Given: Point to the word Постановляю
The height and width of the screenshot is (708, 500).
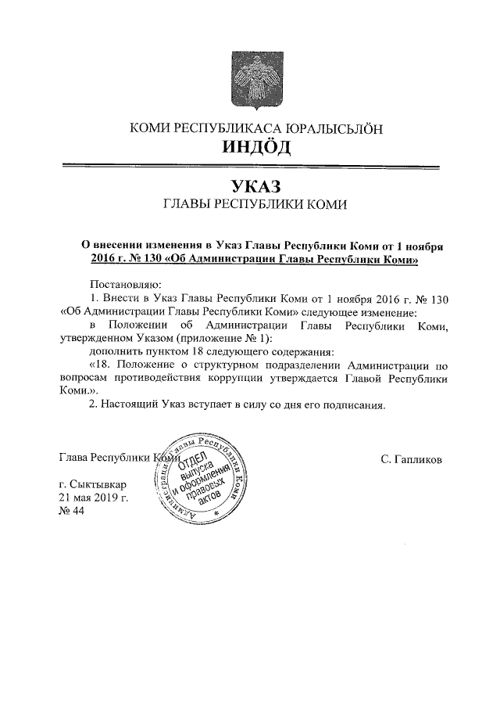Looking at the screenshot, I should click(x=126, y=282).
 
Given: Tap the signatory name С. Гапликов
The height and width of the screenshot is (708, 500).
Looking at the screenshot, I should click(x=412, y=459).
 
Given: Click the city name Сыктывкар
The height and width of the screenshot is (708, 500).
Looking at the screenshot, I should click(x=102, y=485).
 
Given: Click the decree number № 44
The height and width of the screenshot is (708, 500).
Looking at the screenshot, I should click(x=72, y=511).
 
